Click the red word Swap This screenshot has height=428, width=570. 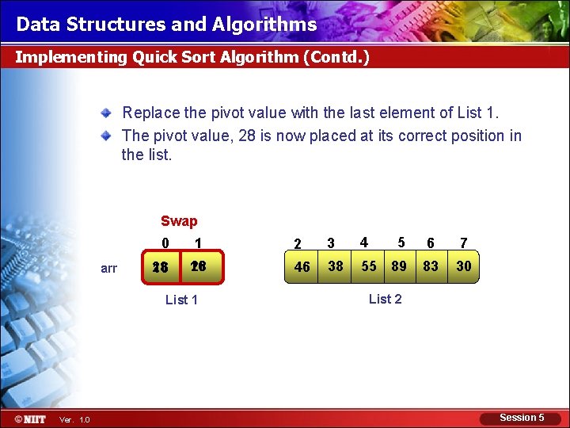[179, 221]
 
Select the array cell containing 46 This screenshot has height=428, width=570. [302, 266]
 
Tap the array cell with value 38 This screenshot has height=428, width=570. [336, 266]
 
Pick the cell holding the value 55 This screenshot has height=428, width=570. [369, 266]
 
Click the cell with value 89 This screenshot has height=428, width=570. [399, 266]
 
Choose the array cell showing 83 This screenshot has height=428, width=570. [431, 266]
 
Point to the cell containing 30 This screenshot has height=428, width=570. [464, 266]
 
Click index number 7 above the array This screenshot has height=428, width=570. [464, 243]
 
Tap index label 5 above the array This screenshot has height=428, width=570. [401, 243]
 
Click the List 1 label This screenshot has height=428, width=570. [181, 300]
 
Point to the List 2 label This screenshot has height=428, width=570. [386, 299]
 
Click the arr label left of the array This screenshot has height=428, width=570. [109, 268]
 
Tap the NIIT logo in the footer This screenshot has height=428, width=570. [29, 418]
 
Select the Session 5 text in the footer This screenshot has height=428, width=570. [522, 418]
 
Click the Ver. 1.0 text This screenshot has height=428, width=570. [75, 419]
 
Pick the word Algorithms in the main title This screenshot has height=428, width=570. [264, 25]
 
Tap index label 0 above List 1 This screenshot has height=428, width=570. [165, 243]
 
